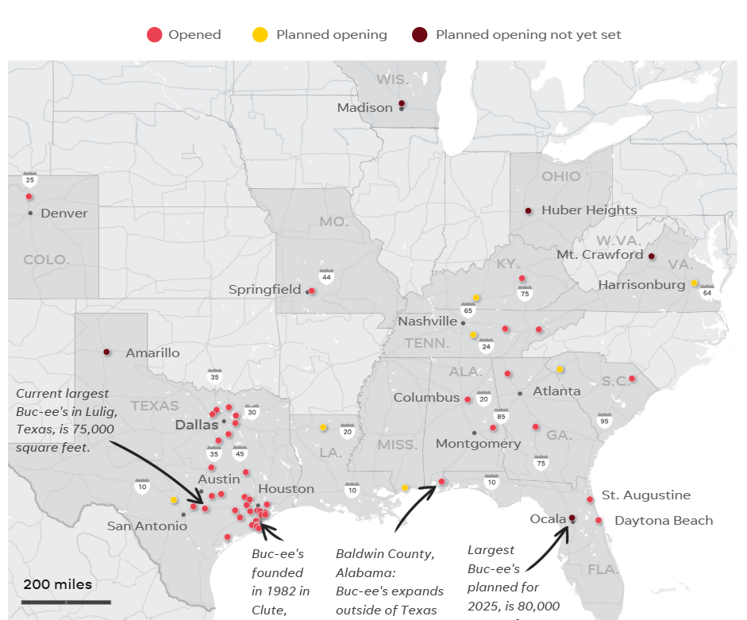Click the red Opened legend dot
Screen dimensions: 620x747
point(155,34)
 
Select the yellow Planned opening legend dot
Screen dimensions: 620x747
point(260,34)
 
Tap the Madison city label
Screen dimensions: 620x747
point(364,108)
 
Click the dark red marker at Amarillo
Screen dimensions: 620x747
point(106,352)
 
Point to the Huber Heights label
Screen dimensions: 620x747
point(589,210)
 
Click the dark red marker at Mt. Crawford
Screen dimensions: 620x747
point(651,256)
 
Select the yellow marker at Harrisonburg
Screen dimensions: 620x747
point(695,283)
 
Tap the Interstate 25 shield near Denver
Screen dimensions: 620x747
point(30,179)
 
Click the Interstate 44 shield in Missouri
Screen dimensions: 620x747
point(326,276)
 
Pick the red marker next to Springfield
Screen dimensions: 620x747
point(312,291)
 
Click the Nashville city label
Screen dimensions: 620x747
point(428,322)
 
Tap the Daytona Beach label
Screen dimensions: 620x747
point(664,521)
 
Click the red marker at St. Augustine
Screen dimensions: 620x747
point(590,499)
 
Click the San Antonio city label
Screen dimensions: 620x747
point(147,526)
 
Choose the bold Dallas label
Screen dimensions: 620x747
point(196,425)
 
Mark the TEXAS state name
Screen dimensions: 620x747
point(155,406)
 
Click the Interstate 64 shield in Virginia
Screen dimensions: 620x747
point(707,291)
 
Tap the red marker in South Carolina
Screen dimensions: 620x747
point(633,379)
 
